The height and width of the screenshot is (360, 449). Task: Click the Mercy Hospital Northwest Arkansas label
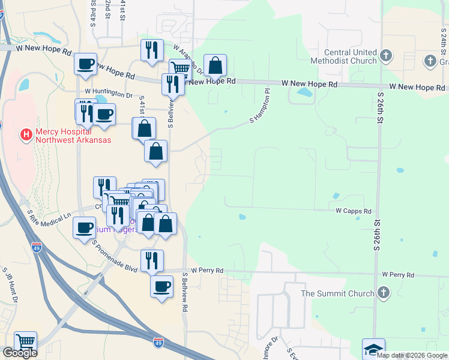pos(73,136)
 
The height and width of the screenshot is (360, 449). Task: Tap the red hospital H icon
pos(26,135)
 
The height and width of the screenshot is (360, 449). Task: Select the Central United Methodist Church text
pos(351,56)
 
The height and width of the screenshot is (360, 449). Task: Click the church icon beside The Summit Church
pos(384,293)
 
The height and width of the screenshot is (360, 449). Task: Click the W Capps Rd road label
pos(354,211)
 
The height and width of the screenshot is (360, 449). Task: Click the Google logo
pos(19,353)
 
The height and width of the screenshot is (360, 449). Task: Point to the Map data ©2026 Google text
pos(412,355)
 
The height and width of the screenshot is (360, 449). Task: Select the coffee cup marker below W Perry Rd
pos(161,287)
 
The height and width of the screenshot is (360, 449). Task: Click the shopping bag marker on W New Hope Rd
pos(215,65)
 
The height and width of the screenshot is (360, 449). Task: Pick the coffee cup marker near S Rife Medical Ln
pos(83,227)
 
